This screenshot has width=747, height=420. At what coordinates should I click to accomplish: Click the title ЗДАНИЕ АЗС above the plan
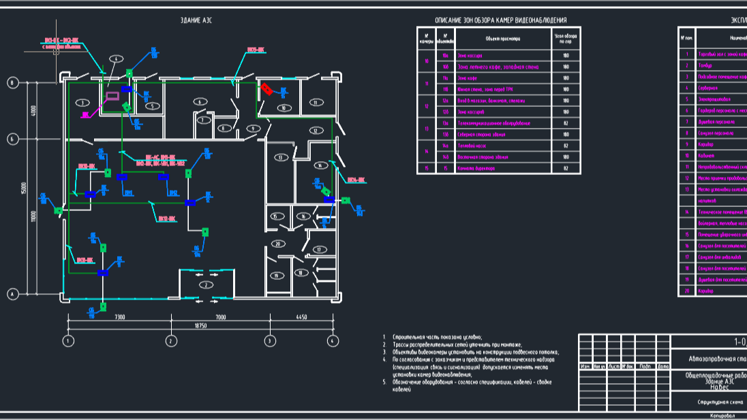click(196, 20)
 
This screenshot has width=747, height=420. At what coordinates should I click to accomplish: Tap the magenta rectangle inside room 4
click(113, 95)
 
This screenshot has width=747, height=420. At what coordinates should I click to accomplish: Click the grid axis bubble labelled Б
click(12, 139)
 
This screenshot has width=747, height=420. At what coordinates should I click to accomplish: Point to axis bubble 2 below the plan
click(172, 340)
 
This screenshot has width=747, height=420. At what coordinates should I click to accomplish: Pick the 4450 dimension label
click(301, 317)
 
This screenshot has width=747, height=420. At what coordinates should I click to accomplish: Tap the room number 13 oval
click(280, 157)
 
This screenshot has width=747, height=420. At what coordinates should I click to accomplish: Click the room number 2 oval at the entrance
click(202, 285)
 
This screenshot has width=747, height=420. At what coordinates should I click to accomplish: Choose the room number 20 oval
click(277, 243)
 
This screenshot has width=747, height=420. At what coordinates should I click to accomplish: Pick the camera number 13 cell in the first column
click(426, 129)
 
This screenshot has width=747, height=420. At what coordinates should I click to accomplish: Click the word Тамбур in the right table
click(705, 65)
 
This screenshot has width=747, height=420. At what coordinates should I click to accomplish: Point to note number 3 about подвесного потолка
click(470, 351)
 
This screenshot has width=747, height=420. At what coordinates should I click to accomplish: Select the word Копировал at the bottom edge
click(722, 415)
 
